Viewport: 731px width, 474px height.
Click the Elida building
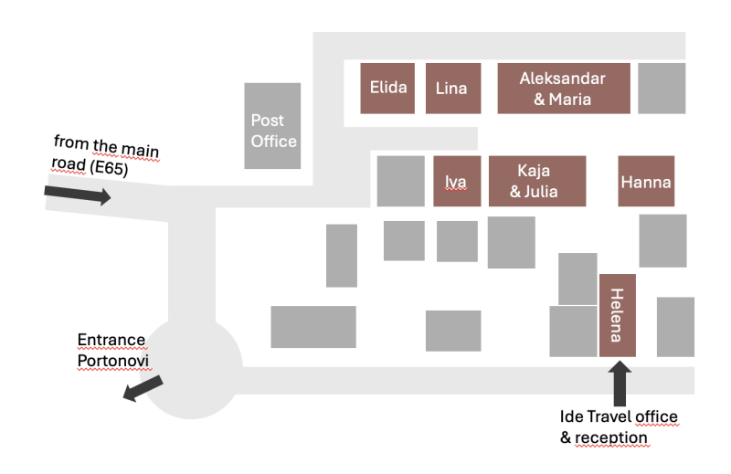tap(387, 89)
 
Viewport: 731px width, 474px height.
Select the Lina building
tap(453, 89)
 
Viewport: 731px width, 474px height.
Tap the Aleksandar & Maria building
tap(564, 89)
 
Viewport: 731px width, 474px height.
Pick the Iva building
tap(457, 182)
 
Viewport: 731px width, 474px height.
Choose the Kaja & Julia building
tap(537, 182)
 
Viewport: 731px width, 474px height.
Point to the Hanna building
tap(646, 182)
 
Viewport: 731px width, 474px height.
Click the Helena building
tap(618, 315)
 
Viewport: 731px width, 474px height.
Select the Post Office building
tap(272, 126)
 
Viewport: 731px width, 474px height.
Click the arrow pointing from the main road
tap(78, 194)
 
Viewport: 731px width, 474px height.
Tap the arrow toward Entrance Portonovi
tap(143, 388)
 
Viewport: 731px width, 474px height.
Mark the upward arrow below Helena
tap(620, 383)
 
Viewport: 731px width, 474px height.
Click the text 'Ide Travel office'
tap(619, 416)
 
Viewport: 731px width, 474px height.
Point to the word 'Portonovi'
tap(113, 361)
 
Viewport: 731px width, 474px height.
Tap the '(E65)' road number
tap(109, 167)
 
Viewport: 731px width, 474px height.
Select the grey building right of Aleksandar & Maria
tap(662, 89)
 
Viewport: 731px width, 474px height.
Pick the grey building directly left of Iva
tap(401, 182)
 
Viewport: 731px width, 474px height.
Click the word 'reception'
tap(610, 437)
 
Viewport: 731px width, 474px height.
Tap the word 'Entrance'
tap(111, 340)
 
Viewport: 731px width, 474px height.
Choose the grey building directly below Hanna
tap(663, 241)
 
